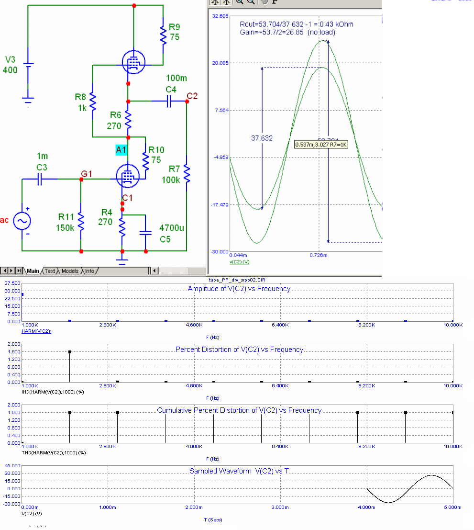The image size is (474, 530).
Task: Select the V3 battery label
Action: [10, 60]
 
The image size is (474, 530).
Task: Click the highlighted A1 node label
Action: [121, 150]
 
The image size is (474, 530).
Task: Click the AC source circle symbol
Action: [22, 221]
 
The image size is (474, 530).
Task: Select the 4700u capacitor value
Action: [172, 228]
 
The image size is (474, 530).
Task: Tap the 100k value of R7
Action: [171, 180]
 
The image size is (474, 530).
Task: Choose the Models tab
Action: [70, 271]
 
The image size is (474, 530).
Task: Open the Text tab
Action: [50, 271]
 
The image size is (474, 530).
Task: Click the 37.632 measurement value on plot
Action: [262, 138]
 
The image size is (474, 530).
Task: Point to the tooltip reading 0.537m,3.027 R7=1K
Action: [321, 144]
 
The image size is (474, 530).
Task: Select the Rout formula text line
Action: [297, 24]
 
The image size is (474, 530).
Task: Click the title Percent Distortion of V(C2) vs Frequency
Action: [239, 350]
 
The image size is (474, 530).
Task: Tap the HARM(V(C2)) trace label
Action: [37, 331]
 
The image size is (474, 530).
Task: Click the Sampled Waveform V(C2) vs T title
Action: [239, 471]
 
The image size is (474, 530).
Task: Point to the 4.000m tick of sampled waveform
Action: [366, 507]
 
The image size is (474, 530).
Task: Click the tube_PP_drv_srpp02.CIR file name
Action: [237, 279]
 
